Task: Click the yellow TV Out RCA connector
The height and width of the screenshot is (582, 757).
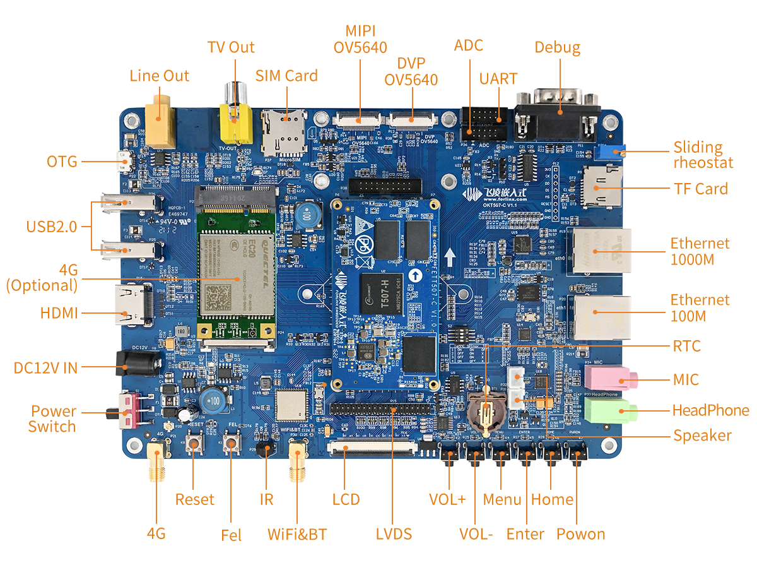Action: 234,123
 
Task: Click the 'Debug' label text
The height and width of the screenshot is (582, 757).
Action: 557,47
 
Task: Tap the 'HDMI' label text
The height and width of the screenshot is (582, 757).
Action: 58,312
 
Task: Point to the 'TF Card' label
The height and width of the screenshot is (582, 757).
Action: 700,188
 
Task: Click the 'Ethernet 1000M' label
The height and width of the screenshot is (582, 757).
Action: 700,251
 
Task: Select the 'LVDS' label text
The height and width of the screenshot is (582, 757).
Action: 394,533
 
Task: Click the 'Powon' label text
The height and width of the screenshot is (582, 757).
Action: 580,533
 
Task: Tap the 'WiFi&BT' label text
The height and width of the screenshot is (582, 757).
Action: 297,533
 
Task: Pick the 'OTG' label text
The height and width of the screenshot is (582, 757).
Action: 62,162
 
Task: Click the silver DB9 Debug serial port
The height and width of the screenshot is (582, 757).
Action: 555,120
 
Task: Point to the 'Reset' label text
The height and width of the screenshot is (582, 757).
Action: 195,499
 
